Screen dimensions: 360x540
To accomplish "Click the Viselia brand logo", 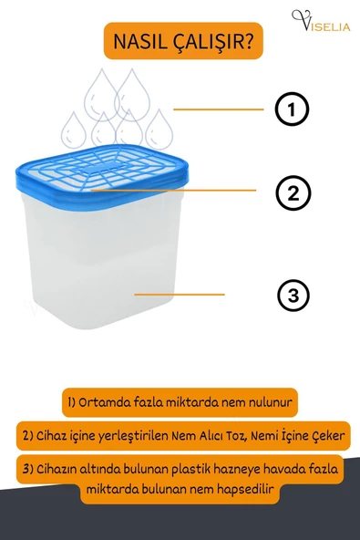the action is point(321,21).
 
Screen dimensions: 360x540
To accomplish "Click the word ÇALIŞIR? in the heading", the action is point(213,42).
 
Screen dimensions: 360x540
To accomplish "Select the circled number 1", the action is point(292,109).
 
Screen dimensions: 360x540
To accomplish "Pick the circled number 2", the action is point(293,192).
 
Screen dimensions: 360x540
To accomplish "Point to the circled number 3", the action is point(293,296).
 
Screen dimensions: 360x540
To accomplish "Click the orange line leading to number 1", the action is point(218,109).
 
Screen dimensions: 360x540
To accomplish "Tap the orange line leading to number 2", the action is point(173,190).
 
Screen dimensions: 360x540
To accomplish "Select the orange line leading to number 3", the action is point(180,295).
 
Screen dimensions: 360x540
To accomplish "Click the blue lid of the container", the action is point(102,176).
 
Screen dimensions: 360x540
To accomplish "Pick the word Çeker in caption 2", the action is point(328,436).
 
